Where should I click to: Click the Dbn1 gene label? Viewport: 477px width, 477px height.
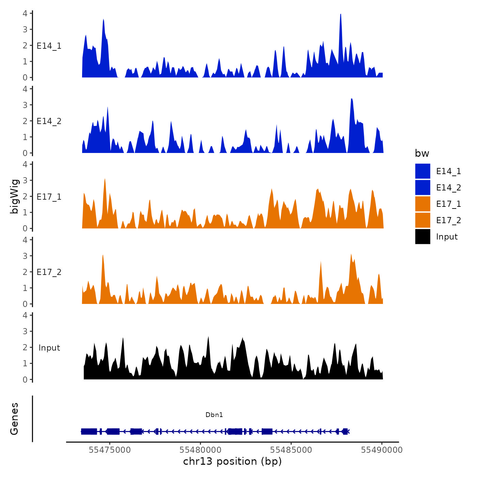point(214,415)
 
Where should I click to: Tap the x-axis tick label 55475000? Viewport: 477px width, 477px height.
point(109,450)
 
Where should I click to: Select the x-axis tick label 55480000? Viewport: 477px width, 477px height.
point(200,450)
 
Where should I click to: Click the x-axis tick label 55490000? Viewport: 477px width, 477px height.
point(382,450)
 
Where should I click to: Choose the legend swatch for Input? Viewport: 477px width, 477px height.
point(422,236)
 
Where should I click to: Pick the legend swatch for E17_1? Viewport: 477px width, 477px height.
point(422,204)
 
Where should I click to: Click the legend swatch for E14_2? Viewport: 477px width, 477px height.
point(422,187)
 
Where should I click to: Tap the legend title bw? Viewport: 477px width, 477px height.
point(422,153)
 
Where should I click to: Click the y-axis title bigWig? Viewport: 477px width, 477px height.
point(14,196)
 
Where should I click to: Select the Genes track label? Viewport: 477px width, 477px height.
point(14,419)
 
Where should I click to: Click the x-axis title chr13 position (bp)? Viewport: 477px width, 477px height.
point(232,461)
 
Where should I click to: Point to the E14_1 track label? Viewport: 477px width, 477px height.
point(49,46)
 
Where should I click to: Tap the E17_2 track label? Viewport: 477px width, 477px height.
point(49,272)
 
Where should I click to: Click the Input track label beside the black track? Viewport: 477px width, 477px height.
point(49,348)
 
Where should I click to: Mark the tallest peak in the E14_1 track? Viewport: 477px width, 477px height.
point(340,15)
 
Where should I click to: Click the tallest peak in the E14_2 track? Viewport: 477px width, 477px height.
point(352,99)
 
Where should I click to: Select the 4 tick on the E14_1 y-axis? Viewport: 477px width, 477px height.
point(25,13)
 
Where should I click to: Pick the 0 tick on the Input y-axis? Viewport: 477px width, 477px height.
point(25,379)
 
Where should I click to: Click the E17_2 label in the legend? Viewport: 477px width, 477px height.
point(448,220)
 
